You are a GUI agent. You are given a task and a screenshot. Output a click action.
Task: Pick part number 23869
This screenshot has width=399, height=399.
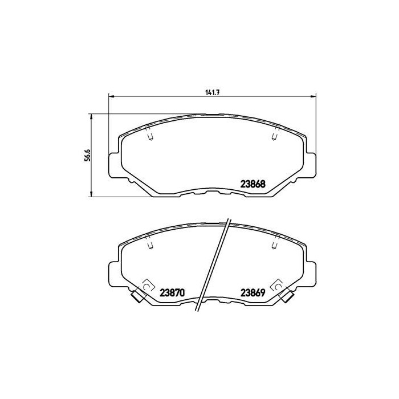point(251,291)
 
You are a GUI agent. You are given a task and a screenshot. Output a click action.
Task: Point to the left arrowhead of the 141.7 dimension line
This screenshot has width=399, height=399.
point(111,95)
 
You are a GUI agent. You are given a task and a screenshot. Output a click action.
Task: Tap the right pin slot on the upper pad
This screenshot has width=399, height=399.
point(275,134)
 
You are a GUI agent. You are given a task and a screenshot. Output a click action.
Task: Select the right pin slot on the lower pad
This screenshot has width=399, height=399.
point(275,243)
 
